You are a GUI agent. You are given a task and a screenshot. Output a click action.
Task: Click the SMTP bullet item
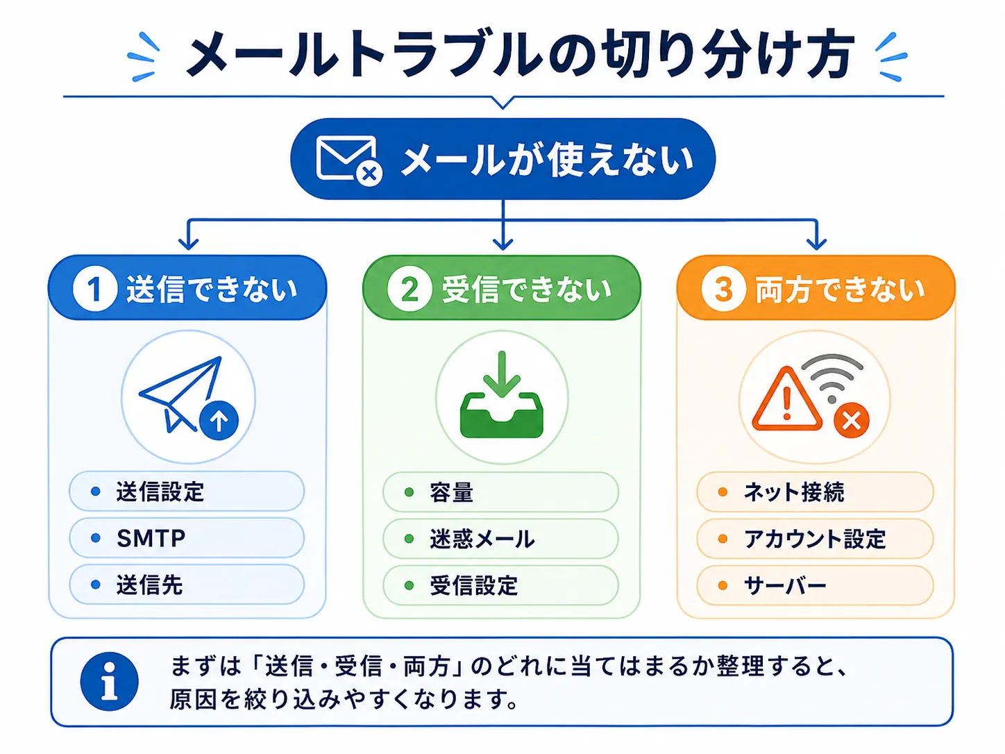point(187,537)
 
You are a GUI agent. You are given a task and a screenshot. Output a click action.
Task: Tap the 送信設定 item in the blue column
point(187,492)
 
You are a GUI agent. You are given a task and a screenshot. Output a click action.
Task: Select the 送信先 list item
point(187,585)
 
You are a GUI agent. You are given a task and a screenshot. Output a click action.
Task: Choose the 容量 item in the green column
point(500,492)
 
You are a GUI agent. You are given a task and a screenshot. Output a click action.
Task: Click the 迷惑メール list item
point(500,538)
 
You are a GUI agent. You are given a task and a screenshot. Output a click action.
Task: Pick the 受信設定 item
point(500,585)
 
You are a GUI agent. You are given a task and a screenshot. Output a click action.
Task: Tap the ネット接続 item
point(815,492)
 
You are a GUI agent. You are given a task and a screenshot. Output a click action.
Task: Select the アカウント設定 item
point(815,538)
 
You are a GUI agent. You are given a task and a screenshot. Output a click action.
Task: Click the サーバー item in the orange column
point(815,585)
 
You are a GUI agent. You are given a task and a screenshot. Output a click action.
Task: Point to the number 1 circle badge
point(95,290)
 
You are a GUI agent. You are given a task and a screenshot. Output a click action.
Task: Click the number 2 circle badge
point(409,290)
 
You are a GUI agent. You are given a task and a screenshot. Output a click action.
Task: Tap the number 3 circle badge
point(723,290)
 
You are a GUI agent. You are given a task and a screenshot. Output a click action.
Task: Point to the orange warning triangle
point(787,399)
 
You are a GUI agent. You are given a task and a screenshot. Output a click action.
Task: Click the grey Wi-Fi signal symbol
point(832,378)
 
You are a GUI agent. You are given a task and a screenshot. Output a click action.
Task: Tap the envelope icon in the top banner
point(346,158)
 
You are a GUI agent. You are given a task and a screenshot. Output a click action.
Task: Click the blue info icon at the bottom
point(109,681)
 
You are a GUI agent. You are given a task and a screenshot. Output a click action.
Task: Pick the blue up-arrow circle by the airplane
point(219,420)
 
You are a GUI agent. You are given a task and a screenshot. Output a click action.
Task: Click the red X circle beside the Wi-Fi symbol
point(851,420)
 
